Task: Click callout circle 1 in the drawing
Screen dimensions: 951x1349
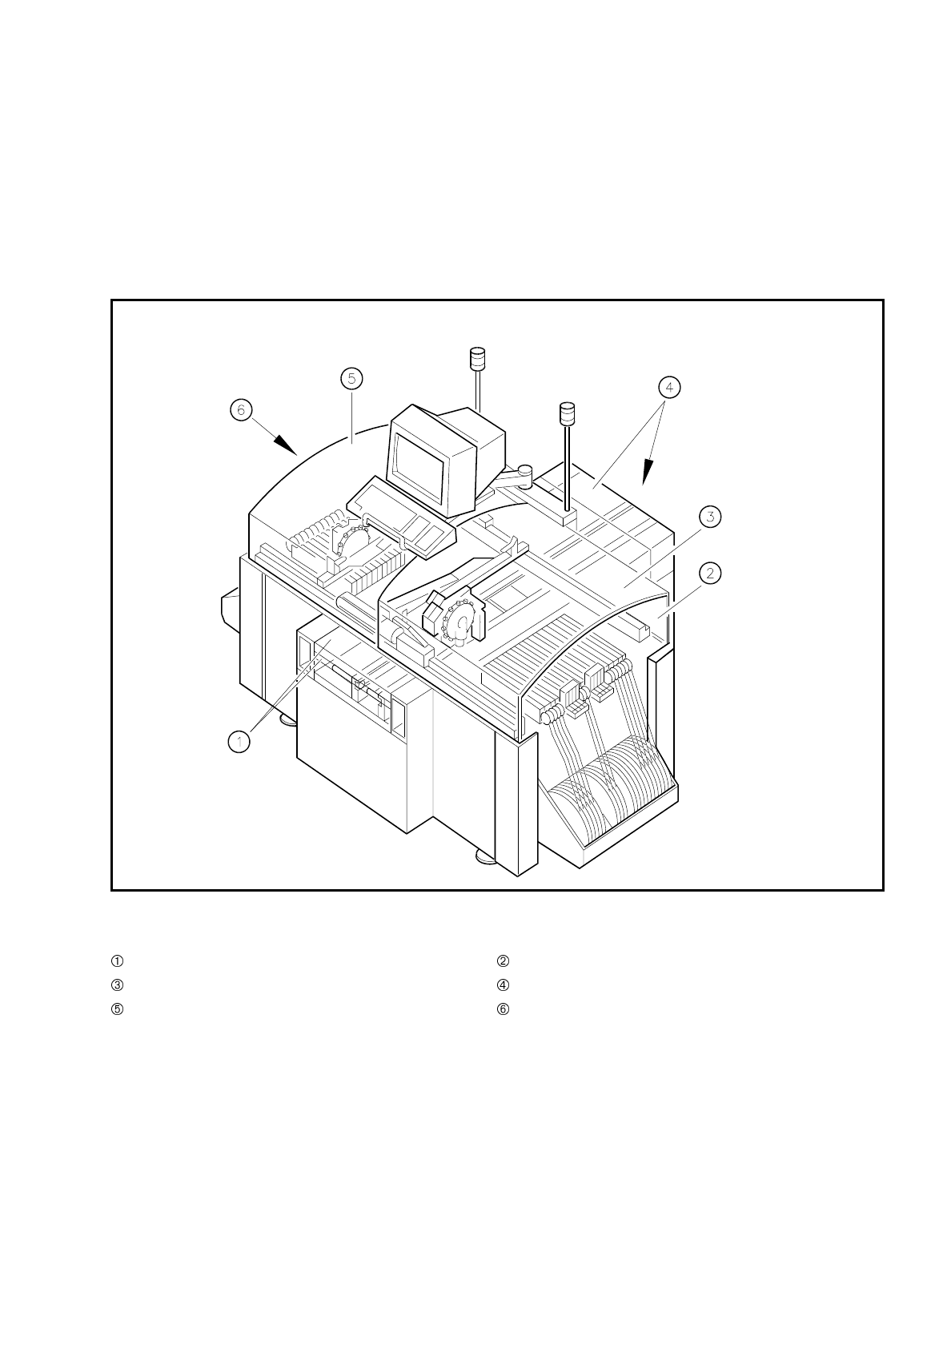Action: click(239, 742)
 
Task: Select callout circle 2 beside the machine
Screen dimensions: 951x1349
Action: click(710, 573)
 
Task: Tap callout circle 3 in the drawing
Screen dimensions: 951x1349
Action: click(710, 517)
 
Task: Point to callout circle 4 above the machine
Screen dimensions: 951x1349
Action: click(669, 387)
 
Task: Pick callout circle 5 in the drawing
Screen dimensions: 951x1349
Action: click(351, 378)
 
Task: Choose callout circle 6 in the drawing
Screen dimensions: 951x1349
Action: click(239, 410)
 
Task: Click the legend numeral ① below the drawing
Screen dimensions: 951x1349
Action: click(117, 960)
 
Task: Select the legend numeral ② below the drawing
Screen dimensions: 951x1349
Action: click(503, 960)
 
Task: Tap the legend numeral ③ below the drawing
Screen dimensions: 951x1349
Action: click(117, 985)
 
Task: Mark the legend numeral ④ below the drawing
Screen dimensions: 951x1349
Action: click(503, 985)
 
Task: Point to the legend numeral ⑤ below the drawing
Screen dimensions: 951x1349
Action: click(117, 1009)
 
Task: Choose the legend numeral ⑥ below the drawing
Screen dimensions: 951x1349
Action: click(503, 1009)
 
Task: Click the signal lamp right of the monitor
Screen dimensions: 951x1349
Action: click(567, 413)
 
